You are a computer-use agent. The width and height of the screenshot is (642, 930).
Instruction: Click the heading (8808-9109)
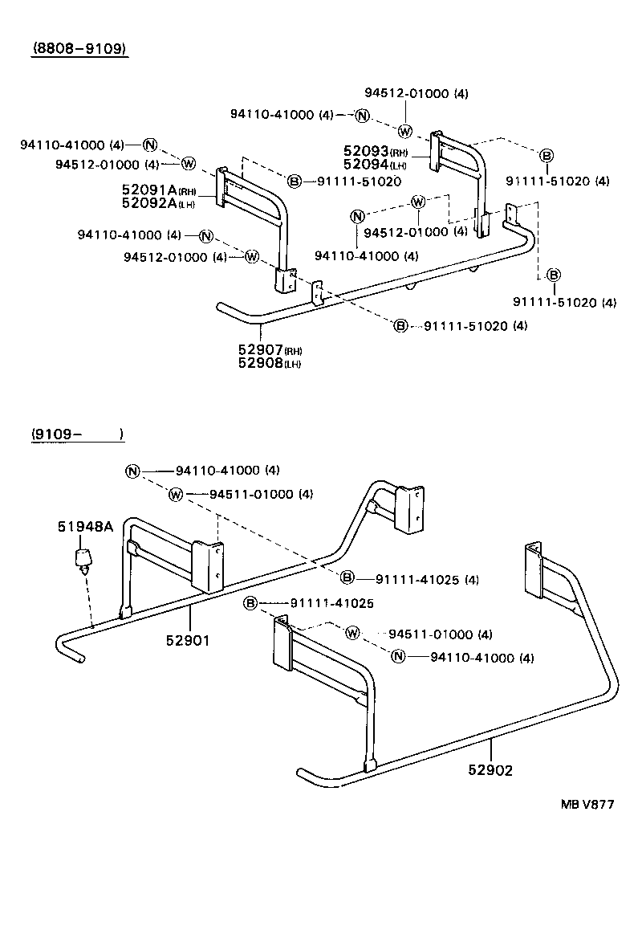(80, 48)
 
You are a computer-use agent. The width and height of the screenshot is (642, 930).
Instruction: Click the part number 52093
(366, 152)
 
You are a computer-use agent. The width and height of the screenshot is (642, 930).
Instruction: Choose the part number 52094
(366, 165)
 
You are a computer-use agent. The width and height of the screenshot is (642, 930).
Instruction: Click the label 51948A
(85, 527)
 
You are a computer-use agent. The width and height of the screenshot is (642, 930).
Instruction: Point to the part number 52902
(491, 769)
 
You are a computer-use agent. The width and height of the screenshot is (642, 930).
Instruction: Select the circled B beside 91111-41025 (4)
(347, 577)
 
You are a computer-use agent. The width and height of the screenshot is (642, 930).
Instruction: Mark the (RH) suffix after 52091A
(186, 191)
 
